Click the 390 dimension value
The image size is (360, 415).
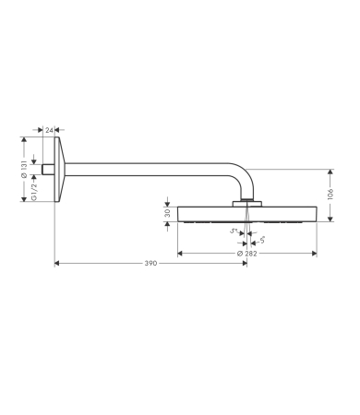click(x=150, y=264)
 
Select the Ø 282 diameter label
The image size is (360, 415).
click(x=247, y=254)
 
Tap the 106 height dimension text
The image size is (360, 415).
click(x=330, y=195)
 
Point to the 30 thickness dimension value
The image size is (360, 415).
click(x=168, y=213)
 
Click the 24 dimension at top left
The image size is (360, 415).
click(x=49, y=130)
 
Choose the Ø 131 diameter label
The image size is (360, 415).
click(x=24, y=169)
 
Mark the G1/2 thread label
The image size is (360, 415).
click(x=34, y=191)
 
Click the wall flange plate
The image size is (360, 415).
click(x=60, y=170)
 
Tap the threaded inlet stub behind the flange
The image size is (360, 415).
click(x=48, y=170)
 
